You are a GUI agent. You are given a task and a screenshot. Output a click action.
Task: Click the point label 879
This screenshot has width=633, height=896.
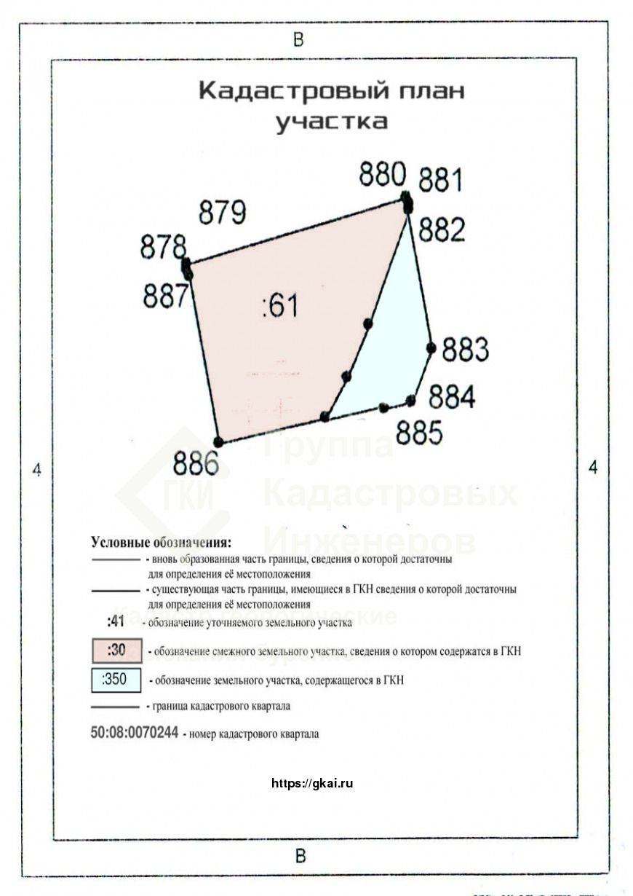(223, 212)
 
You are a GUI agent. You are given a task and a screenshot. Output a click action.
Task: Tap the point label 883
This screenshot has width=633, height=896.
(466, 350)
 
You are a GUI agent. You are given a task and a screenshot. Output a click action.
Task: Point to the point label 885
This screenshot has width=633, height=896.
(420, 433)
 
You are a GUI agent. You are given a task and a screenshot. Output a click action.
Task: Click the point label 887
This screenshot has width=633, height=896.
(165, 296)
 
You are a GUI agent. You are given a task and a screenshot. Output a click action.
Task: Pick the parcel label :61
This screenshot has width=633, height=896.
(280, 307)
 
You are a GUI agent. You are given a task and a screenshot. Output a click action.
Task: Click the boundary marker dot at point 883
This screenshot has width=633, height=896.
(431, 348)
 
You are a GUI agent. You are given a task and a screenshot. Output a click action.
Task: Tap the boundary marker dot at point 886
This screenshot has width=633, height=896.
(218, 442)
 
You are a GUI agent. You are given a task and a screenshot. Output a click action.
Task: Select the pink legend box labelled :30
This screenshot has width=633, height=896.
(116, 651)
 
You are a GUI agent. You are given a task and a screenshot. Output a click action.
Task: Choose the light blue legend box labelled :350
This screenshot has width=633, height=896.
(116, 680)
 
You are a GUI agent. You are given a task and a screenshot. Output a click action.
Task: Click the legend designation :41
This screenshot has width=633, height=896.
(116, 622)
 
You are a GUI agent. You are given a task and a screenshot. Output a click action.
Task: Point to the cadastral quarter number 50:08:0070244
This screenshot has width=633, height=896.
(135, 734)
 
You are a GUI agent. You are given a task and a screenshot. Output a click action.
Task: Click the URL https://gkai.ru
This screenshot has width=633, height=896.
(312, 784)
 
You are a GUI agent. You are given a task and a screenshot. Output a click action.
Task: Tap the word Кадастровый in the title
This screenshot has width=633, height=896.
(280, 92)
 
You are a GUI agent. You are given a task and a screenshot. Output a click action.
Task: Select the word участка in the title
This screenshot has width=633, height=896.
(331, 121)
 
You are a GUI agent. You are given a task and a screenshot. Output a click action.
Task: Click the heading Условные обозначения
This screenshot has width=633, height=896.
(161, 543)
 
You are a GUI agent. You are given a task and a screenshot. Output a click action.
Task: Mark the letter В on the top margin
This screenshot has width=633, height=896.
(298, 40)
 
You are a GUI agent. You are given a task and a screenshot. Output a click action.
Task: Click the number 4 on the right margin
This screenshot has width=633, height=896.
(593, 468)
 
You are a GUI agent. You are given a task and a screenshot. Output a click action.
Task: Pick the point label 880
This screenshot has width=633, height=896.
(383, 175)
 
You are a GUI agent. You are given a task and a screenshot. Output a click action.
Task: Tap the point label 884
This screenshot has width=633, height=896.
(452, 398)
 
